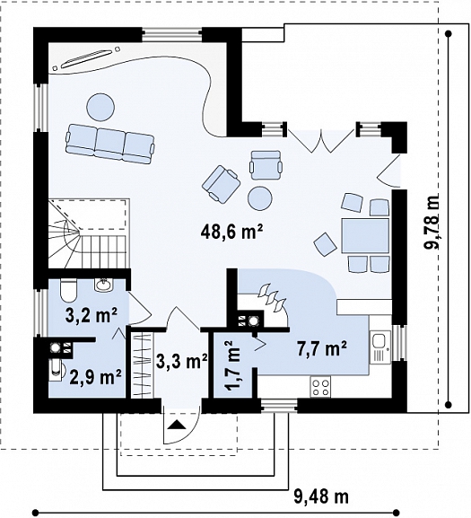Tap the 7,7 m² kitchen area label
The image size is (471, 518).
[x=322, y=348]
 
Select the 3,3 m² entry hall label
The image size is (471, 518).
[x=182, y=361]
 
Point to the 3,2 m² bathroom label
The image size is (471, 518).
[x=92, y=315]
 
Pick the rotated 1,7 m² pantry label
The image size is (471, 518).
[x=234, y=365]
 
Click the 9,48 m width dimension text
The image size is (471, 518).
[x=321, y=496]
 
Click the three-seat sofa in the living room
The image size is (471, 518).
[x=110, y=144]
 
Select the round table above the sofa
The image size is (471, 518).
[x=100, y=108]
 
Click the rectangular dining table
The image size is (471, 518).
[x=365, y=235]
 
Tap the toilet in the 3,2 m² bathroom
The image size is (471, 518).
[x=69, y=290]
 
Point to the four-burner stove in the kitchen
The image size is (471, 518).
[x=321, y=387]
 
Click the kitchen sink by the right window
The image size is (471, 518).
[x=379, y=347]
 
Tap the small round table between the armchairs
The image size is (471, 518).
[x=260, y=198]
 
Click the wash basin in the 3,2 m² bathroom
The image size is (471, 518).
[x=104, y=285]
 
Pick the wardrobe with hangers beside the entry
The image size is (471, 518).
[x=142, y=365]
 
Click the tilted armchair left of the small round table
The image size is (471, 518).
[x=221, y=184]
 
